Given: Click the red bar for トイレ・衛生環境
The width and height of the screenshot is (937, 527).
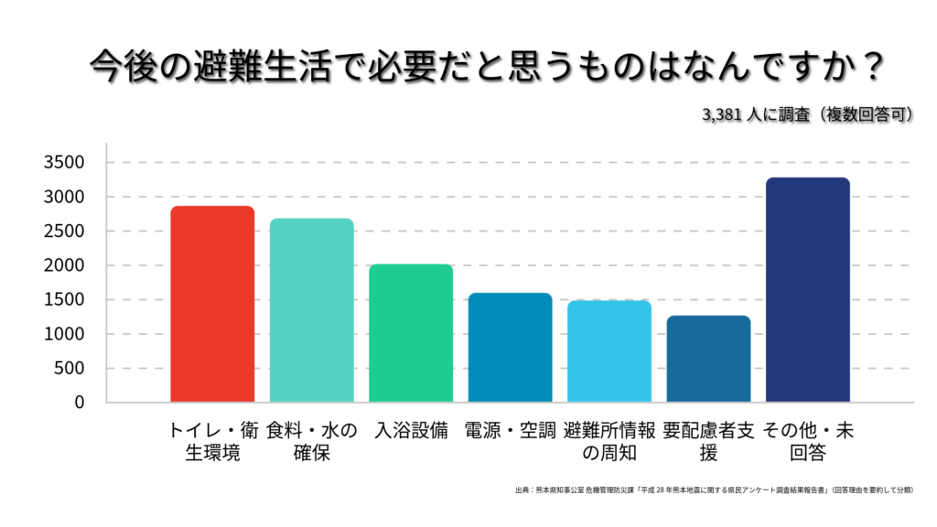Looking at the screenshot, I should click(x=212, y=304).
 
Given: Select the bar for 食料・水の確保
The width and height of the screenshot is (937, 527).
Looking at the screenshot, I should click(x=311, y=310).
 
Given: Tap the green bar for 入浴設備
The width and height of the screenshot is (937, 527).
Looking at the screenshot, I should click(x=411, y=333).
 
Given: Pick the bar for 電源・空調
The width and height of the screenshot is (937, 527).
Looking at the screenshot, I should click(x=510, y=348).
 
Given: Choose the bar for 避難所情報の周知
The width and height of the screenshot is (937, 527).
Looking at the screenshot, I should click(x=609, y=351).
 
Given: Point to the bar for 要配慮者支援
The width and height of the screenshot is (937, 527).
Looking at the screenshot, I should click(x=708, y=359).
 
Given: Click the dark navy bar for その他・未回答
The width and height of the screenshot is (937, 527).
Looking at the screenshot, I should click(x=807, y=290).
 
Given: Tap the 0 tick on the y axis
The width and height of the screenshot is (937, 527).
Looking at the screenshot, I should click(x=80, y=403).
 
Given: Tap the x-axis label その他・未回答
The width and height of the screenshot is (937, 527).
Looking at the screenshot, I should click(x=807, y=441).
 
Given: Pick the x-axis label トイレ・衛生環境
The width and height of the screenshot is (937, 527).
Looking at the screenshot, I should click(x=212, y=441).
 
